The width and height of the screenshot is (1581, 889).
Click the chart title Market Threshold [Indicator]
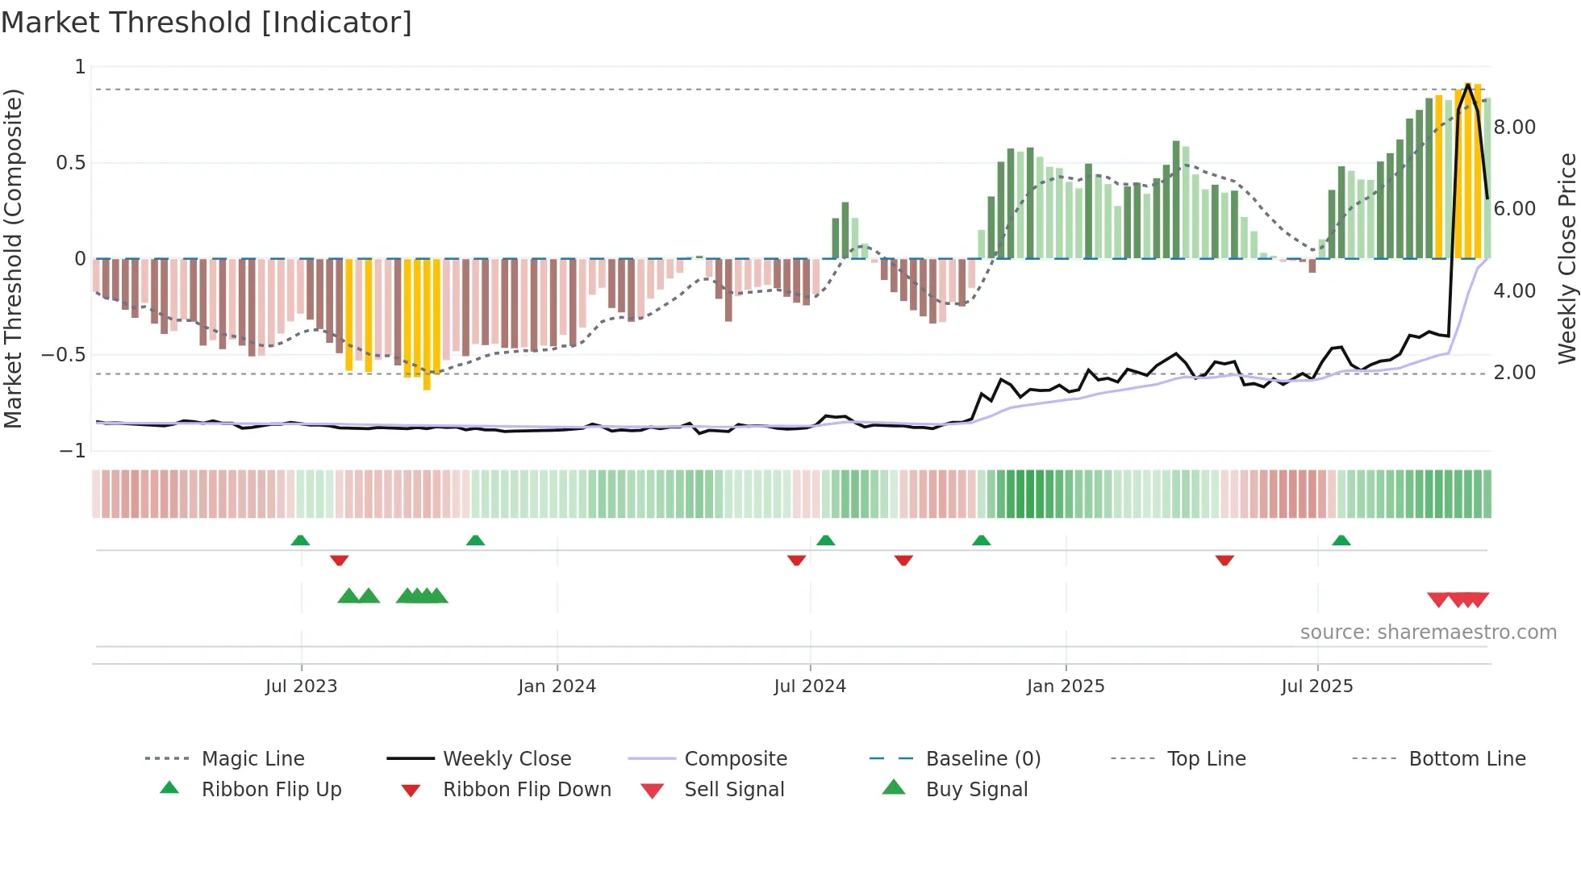tap(206, 23)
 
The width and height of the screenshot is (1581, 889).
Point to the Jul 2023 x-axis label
tap(301, 687)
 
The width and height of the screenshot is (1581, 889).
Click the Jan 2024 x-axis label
tap(557, 687)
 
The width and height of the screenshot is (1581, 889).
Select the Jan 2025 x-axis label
tap(1065, 687)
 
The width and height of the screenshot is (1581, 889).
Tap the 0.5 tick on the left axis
tap(70, 163)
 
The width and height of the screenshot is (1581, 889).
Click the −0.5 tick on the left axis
tap(64, 355)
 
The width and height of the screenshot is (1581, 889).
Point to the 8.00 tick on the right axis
tap(1514, 127)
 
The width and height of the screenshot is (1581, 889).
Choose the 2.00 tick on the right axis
tap(1514, 373)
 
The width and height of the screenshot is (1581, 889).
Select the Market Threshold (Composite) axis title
tap(13, 258)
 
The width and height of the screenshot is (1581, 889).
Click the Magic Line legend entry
tap(252, 759)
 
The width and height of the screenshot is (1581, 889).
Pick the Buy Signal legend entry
tap(976, 790)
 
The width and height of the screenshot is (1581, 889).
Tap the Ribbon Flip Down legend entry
tap(526, 790)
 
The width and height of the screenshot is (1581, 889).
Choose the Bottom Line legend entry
tap(1466, 759)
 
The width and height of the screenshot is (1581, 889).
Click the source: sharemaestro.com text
tap(1428, 632)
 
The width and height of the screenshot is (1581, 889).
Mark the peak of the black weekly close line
tap(1468, 84)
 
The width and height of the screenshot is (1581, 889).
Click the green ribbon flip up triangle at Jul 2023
tap(300, 540)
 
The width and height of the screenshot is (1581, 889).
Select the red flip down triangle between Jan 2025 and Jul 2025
tap(1224, 560)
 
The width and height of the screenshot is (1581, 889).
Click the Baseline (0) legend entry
tap(982, 759)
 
